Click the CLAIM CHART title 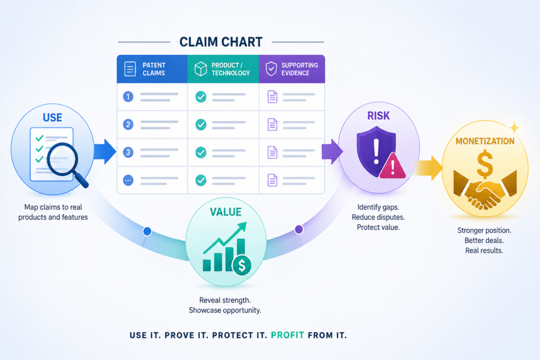221,42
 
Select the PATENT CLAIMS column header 152,69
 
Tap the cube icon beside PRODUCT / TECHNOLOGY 200,69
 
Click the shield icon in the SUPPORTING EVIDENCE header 272,69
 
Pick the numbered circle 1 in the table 128,96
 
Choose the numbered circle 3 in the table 128,152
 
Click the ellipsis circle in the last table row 128,180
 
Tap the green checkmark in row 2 201,124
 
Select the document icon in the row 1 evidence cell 273,96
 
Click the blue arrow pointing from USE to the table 105,151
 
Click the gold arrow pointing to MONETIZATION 429,168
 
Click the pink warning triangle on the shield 392,166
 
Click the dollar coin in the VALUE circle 242,265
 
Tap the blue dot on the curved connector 147,231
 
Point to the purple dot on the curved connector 299,229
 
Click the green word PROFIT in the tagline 287,335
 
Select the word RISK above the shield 379,116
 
